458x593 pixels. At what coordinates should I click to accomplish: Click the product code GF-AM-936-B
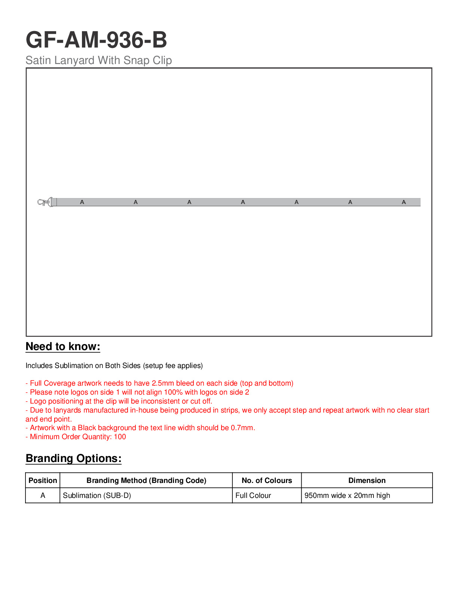tap(96, 40)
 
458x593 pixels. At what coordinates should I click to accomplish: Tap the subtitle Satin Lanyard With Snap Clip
tap(98, 60)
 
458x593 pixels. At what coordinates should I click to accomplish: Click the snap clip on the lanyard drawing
tap(44, 202)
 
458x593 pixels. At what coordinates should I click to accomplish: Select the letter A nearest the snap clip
tap(82, 202)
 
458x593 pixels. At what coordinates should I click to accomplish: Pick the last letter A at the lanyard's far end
tap(404, 202)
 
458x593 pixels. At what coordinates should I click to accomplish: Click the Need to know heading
tap(63, 347)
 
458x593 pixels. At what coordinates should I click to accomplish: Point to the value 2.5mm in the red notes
tap(163, 383)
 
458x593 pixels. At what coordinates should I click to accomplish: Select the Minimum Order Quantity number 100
tap(120, 437)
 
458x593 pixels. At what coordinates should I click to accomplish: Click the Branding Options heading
tap(73, 459)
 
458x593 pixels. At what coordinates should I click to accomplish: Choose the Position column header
tap(43, 481)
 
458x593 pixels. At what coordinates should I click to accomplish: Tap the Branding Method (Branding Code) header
tap(146, 481)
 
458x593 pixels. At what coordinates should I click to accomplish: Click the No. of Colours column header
tap(267, 481)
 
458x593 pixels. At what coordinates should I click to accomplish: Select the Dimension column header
tap(367, 481)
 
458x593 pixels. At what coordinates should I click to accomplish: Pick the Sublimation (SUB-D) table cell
tap(97, 496)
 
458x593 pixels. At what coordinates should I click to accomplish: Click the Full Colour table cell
tap(253, 496)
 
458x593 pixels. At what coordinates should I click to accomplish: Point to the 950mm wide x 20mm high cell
tap(347, 496)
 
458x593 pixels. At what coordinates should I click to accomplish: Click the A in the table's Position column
tap(43, 496)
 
